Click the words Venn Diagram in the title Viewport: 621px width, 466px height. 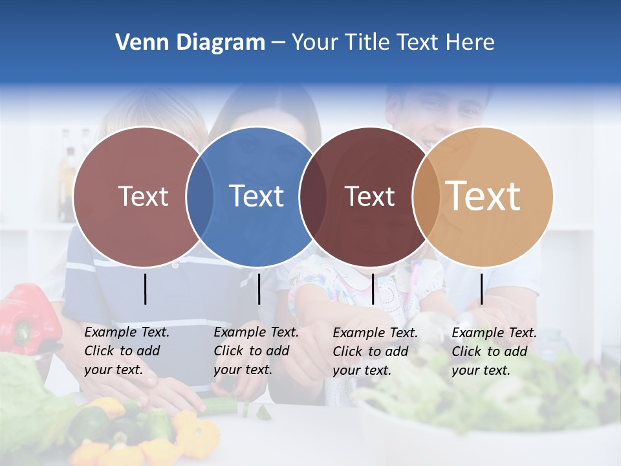click(x=190, y=43)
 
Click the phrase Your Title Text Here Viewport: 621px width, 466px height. click(x=393, y=43)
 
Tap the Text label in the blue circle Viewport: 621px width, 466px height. click(x=256, y=196)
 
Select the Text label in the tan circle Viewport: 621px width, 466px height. click(x=483, y=196)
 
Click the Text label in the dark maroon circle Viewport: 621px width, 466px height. click(x=369, y=197)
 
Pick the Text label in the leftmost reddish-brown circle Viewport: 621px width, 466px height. click(x=143, y=197)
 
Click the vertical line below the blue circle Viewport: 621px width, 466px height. click(x=259, y=289)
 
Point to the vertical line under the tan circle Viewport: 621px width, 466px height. click(x=482, y=289)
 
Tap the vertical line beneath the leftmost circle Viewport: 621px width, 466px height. click(x=145, y=289)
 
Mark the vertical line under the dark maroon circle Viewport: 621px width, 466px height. click(x=373, y=289)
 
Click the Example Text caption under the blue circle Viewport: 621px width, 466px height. click(x=256, y=351)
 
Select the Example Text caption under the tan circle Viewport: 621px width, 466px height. click(x=494, y=351)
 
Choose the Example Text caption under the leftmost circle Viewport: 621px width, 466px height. click(x=126, y=351)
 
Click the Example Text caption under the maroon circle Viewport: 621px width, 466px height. click(x=375, y=351)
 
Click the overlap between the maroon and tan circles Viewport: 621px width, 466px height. click(x=426, y=196)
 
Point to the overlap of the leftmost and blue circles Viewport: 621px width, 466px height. click(x=200, y=196)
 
